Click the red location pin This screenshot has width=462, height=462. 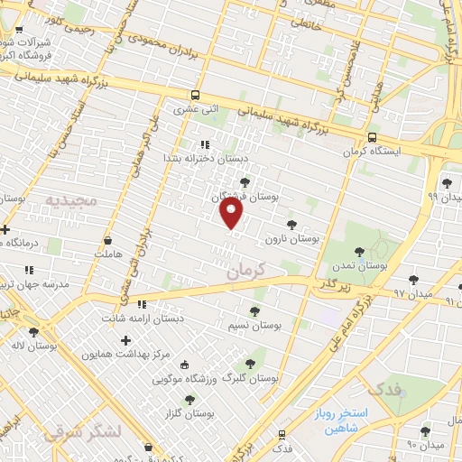point(232,213)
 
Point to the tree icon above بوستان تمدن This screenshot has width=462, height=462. point(360,252)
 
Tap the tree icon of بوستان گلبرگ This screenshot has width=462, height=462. point(250,364)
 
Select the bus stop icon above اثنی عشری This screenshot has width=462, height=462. point(196,95)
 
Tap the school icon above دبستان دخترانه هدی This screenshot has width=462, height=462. point(204,143)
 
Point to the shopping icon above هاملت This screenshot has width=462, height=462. point(109,241)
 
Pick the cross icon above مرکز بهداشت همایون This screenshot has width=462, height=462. point(125,340)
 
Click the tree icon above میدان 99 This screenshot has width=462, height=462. point(447,183)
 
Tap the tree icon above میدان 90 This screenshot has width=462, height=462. point(425,432)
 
